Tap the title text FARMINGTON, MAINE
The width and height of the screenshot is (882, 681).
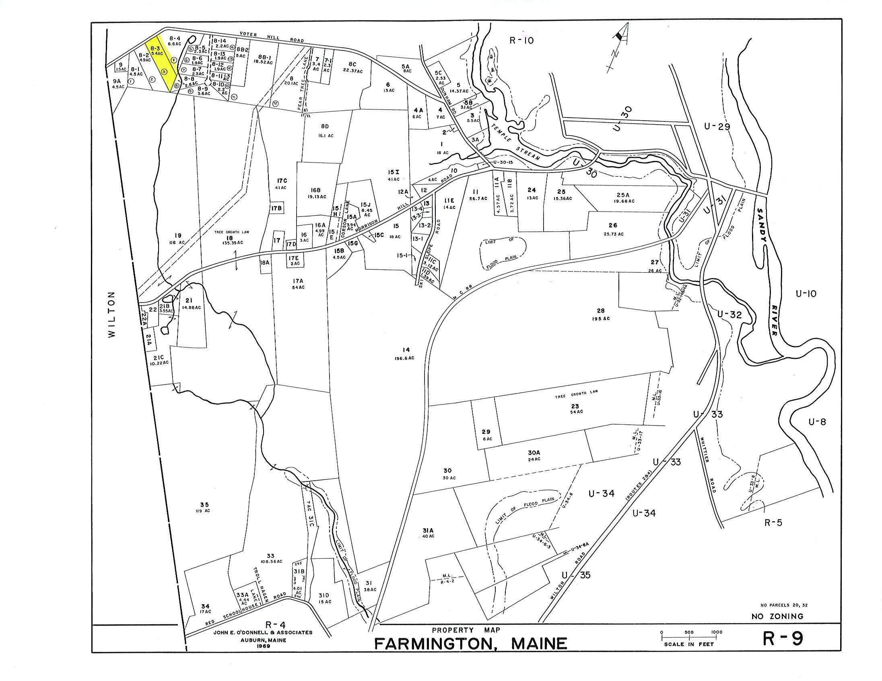(470, 643)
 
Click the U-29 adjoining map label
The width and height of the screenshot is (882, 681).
(717, 126)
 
